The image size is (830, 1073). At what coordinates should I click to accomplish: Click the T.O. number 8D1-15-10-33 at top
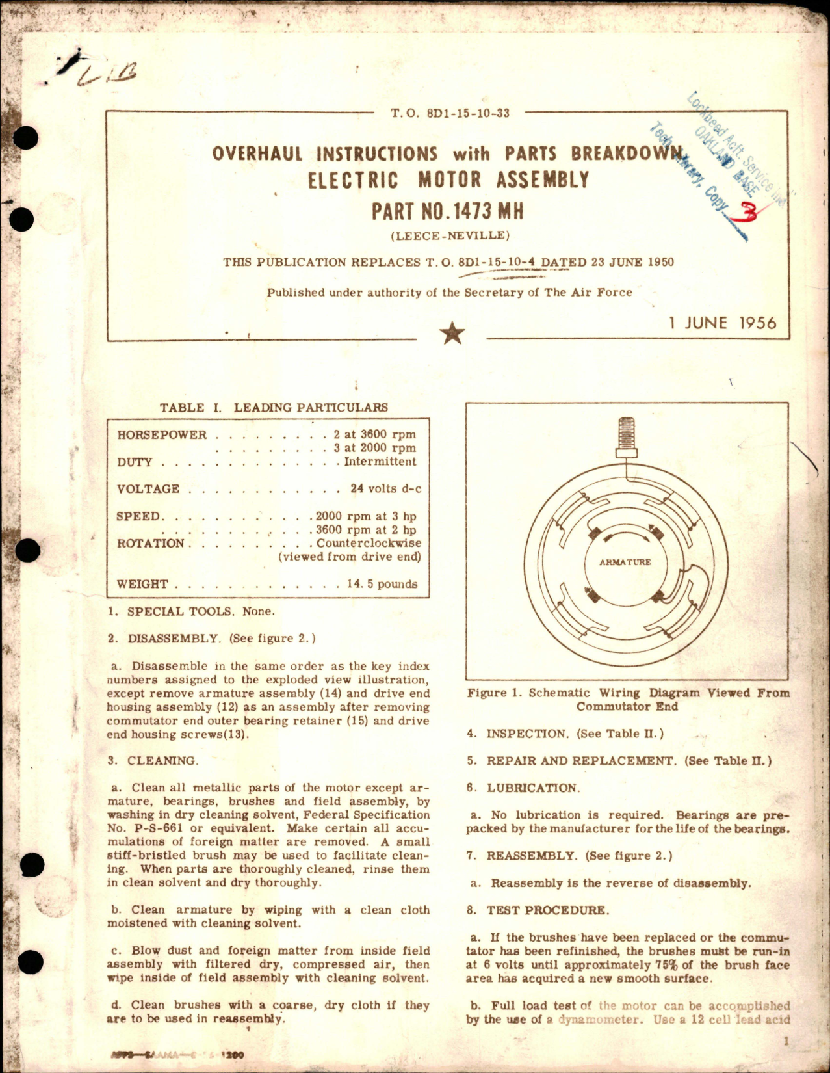point(450,113)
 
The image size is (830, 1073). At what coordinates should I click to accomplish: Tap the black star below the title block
point(452,334)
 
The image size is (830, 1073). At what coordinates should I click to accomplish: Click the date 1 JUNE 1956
point(722,323)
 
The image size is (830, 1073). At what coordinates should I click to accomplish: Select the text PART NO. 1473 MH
point(447,211)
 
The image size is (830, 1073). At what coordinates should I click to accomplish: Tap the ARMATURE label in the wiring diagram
point(625,562)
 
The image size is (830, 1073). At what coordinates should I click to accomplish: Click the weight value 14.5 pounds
point(382,584)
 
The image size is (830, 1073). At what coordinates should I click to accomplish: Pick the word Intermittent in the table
point(380,462)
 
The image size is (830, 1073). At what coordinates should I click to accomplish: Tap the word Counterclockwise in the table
point(369,543)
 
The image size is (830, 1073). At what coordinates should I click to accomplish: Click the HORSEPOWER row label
point(162,434)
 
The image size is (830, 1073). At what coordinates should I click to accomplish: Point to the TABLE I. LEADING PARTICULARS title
point(274,408)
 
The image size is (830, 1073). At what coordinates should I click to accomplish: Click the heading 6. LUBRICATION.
point(522,788)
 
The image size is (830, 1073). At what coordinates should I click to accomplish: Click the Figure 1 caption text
point(628,700)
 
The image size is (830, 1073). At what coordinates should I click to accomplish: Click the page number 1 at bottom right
point(786,1042)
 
